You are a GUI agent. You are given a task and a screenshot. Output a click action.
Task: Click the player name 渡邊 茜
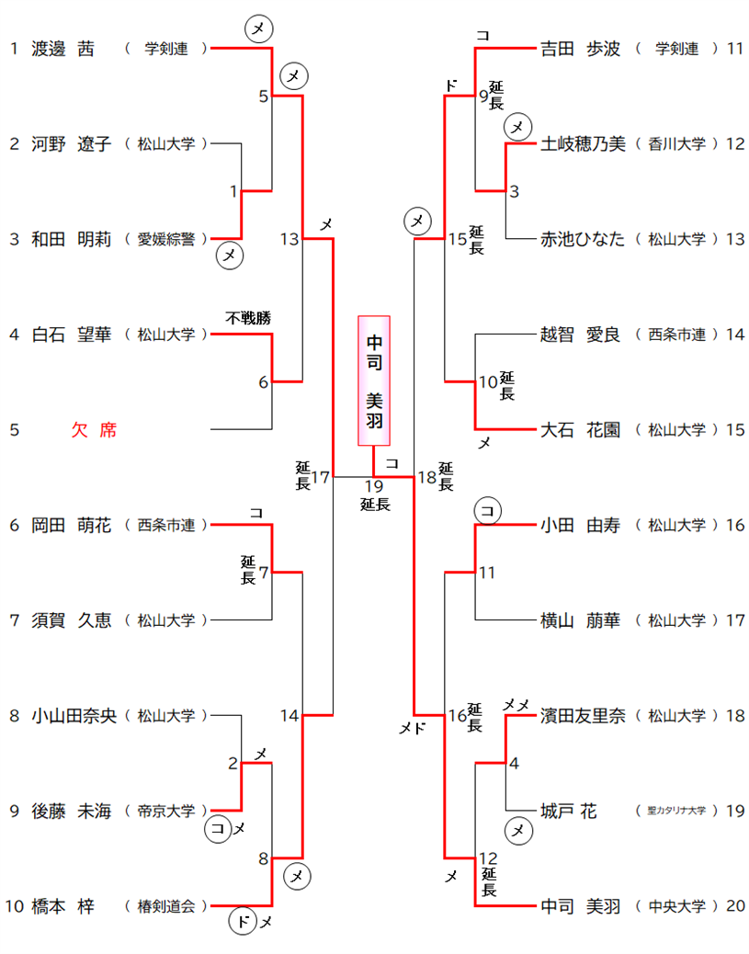pos(62,49)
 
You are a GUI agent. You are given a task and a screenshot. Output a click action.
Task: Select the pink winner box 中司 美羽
pos(374,380)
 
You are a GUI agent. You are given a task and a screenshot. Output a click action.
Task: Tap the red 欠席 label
pos(94,430)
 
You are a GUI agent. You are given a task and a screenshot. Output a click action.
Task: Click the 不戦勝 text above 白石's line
pos(248,318)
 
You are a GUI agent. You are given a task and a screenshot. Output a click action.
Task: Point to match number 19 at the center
pos(373,485)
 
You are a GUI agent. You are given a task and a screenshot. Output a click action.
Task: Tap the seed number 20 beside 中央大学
pos(734,907)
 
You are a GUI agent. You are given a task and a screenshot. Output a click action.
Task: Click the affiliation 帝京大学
pos(166,812)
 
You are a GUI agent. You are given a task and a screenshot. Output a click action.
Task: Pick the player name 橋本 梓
pos(62,907)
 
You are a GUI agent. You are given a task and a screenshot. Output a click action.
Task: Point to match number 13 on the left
pos(289,240)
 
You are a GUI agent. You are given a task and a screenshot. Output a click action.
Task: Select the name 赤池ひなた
pos(583,240)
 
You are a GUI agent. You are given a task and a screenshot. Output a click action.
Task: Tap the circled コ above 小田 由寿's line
pos(488,509)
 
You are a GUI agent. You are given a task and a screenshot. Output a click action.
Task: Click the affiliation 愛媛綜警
pos(166,240)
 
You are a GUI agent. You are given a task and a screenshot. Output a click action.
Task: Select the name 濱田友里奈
pos(583,716)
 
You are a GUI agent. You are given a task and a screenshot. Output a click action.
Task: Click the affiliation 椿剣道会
pos(166,907)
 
